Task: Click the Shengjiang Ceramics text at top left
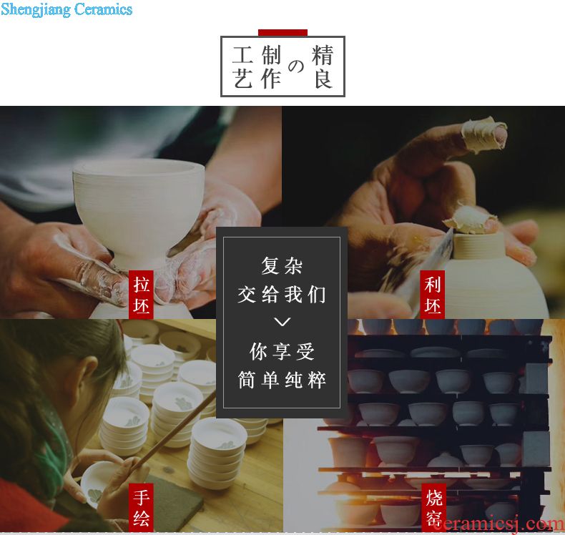pyautogui.click(x=67, y=9)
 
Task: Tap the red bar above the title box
pyautogui.click(x=282, y=33)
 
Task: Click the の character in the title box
pyautogui.click(x=296, y=67)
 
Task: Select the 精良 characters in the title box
pyautogui.click(x=323, y=67)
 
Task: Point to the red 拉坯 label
pyautogui.click(x=142, y=295)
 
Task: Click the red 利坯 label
pyautogui.click(x=433, y=295)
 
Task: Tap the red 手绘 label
pyautogui.click(x=142, y=507)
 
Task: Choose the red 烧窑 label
pyautogui.click(x=434, y=508)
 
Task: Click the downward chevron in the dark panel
pyautogui.click(x=282, y=321)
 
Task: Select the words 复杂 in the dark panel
pyautogui.click(x=282, y=266)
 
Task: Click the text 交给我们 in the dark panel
pyautogui.click(x=282, y=295)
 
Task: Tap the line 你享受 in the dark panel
pyautogui.click(x=282, y=351)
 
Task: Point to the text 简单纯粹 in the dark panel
pyautogui.click(x=282, y=380)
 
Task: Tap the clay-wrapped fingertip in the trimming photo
pyautogui.click(x=484, y=134)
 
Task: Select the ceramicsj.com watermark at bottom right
pyautogui.click(x=498, y=524)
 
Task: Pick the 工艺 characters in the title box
pyautogui.click(x=242, y=67)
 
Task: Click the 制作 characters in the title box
pyautogui.click(x=271, y=67)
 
